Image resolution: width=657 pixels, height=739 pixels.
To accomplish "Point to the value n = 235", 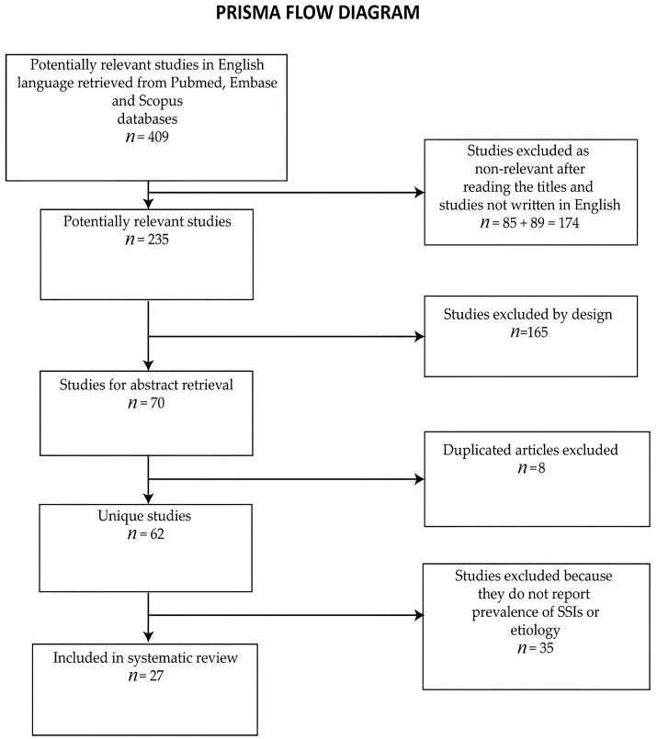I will (x=147, y=241).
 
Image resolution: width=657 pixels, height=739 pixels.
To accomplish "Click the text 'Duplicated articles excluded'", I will (x=529, y=451).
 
